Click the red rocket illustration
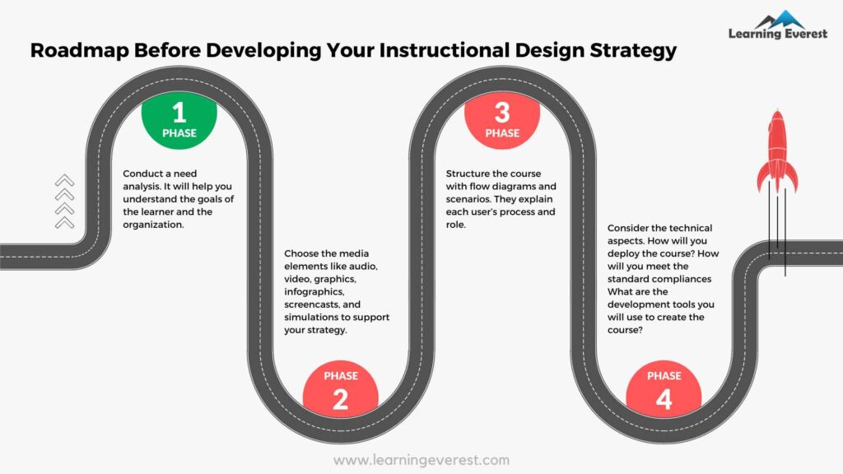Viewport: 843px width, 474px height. point(777,152)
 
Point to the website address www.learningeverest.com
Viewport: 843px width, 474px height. point(421,460)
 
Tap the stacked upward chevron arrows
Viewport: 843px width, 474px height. point(64,202)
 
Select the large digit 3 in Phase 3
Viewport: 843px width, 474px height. point(502,111)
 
